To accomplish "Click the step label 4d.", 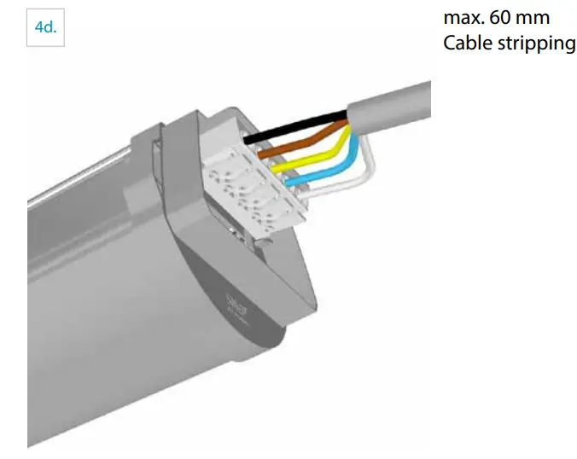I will pos(44,27).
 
